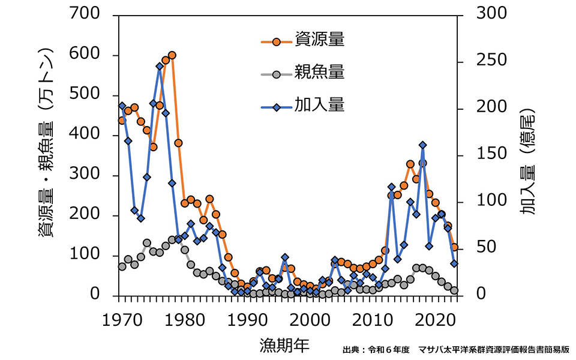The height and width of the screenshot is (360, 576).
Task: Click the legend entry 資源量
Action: pyautogui.click(x=319, y=41)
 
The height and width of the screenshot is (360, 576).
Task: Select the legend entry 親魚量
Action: pyautogui.click(x=319, y=73)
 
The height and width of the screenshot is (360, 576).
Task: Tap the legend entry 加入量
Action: pyautogui.click(x=319, y=106)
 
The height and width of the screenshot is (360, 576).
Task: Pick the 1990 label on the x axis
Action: pyautogui.click(x=246, y=318)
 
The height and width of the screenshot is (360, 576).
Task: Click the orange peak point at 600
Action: pyautogui.click(x=172, y=55)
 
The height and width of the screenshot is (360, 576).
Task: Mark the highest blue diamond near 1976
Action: pyautogui.click(x=159, y=66)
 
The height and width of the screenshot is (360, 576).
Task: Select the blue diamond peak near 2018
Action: pyautogui.click(x=422, y=145)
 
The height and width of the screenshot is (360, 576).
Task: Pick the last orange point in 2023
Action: pyautogui.click(x=454, y=247)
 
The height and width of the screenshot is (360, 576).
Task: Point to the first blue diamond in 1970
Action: pyautogui.click(x=122, y=106)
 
